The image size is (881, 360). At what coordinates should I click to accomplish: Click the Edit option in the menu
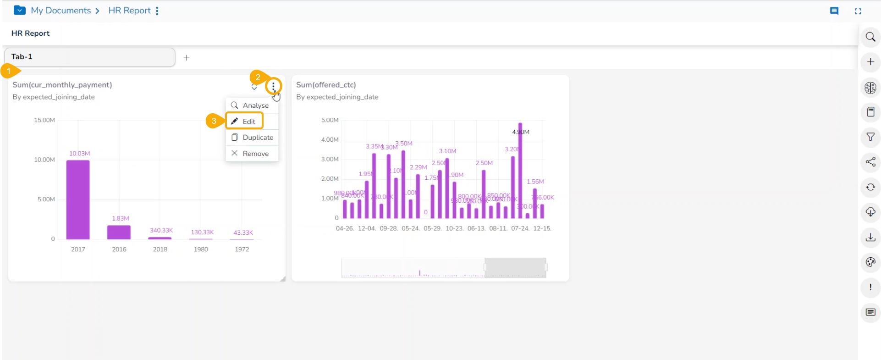coord(249,122)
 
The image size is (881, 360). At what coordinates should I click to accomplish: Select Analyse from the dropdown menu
coord(255,105)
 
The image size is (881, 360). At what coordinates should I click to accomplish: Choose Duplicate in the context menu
coord(258,138)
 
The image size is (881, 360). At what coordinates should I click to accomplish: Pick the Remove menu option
coord(255,154)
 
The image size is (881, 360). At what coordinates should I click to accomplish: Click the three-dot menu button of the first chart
coord(273,86)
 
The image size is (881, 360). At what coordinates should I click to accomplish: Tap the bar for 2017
coord(78,199)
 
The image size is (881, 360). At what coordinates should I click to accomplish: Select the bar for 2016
coord(119,232)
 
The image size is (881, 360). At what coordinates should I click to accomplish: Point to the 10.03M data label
coord(79,153)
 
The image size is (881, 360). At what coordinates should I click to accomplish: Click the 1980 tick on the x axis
coord(201,249)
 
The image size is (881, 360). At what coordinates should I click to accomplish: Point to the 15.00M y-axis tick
coord(44,120)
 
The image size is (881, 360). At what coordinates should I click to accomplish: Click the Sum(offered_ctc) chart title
coord(326,85)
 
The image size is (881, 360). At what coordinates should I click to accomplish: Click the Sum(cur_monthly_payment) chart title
coord(62,85)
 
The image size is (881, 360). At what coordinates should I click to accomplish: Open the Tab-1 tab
coord(90,57)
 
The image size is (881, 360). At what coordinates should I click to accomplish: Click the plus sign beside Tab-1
coord(187,58)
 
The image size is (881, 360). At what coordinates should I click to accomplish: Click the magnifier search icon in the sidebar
coord(870,37)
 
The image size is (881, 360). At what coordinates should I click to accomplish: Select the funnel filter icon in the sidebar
coord(870,137)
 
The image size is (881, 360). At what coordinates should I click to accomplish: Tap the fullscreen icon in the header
coord(858,11)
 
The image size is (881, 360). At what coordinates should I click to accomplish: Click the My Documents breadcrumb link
coord(61,11)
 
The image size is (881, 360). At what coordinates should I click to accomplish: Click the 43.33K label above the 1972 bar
coord(243,233)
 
